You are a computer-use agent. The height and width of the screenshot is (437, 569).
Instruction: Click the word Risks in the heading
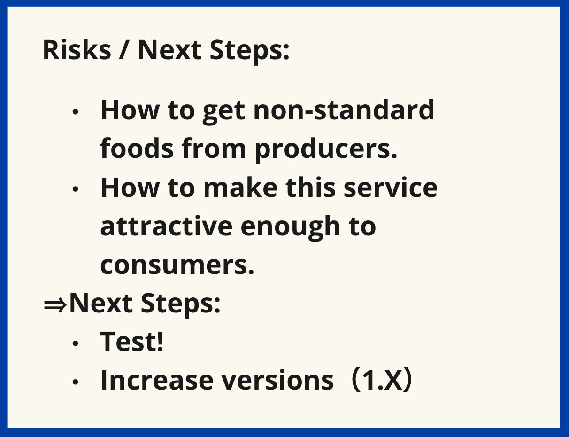(77, 50)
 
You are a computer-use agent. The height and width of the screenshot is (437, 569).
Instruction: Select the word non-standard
(344, 110)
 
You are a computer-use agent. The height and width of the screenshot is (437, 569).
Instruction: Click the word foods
(137, 148)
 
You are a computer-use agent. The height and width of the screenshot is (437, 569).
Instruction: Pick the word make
(240, 187)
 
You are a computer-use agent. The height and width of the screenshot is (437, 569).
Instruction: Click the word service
(391, 187)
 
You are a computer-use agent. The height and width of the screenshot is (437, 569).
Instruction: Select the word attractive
(166, 226)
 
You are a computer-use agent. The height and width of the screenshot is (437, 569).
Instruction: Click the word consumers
(177, 265)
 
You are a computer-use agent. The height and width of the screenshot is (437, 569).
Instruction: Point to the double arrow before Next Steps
(55, 305)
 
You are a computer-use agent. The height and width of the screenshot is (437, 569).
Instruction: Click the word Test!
(132, 341)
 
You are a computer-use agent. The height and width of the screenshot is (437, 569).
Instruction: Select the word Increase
(157, 380)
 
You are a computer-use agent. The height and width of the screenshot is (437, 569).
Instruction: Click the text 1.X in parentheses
(382, 380)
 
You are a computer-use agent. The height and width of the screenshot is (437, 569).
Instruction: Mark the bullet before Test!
(76, 343)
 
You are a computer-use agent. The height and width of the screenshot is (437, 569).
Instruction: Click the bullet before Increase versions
(76, 382)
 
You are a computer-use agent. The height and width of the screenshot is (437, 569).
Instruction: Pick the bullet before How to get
(76, 112)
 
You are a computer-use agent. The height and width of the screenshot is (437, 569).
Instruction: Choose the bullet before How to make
(76, 189)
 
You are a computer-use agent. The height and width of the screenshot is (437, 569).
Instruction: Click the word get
(224, 113)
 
